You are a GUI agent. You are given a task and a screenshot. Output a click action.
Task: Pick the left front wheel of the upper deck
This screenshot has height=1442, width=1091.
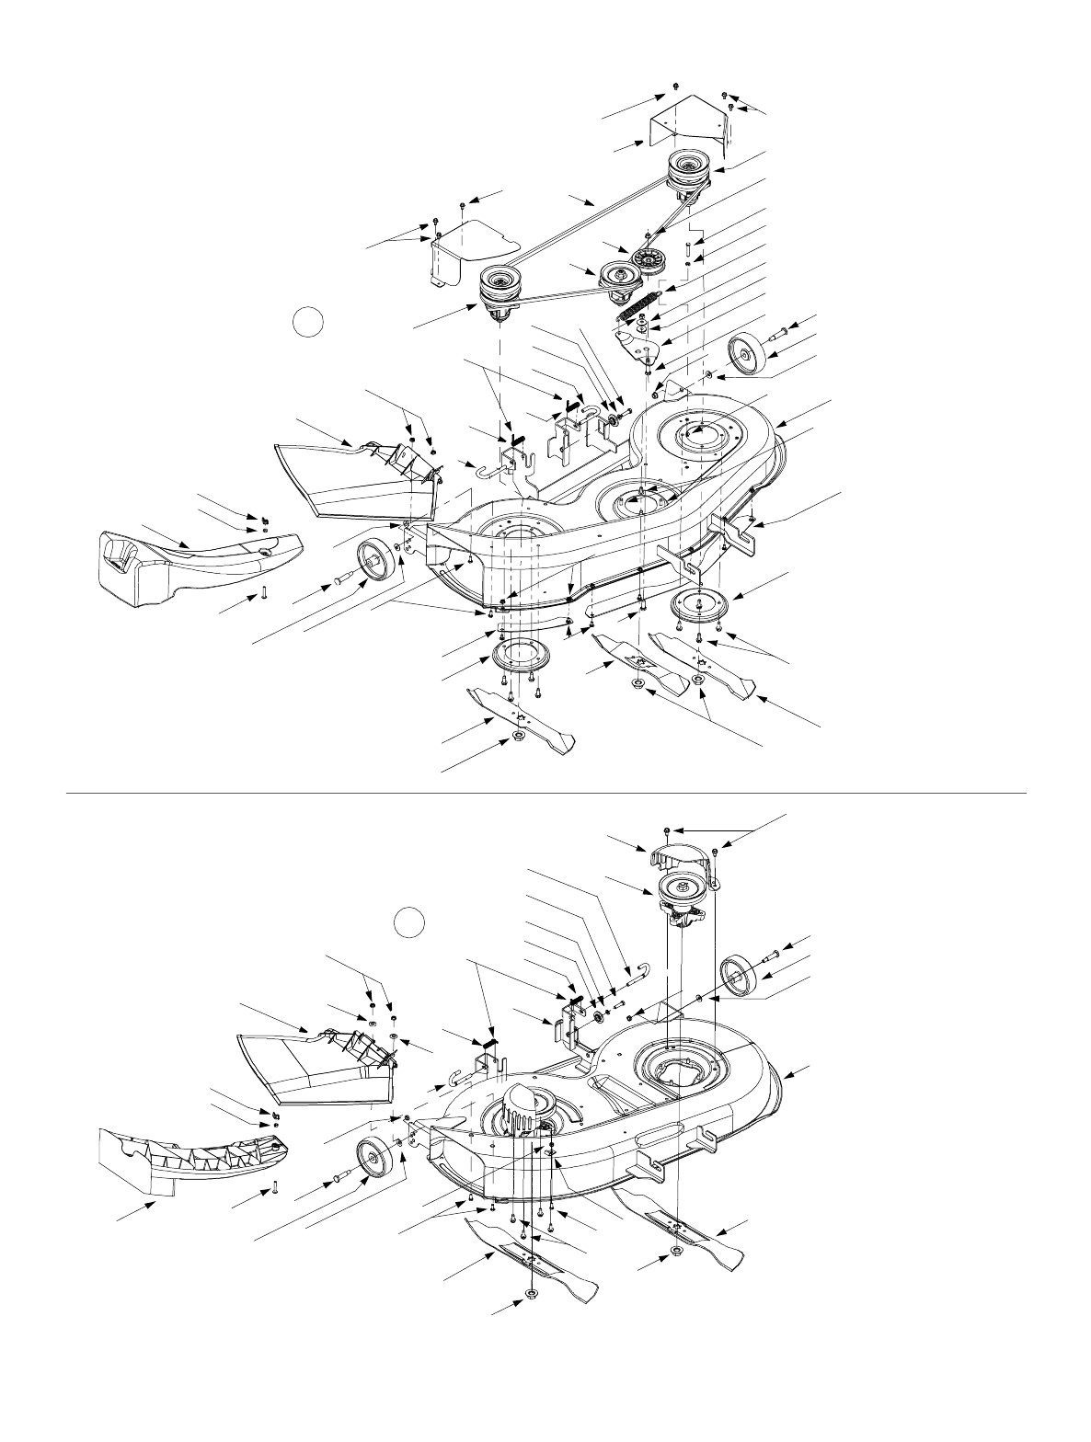374,561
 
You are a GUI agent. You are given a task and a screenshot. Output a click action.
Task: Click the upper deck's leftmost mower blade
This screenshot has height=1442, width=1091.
522,717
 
